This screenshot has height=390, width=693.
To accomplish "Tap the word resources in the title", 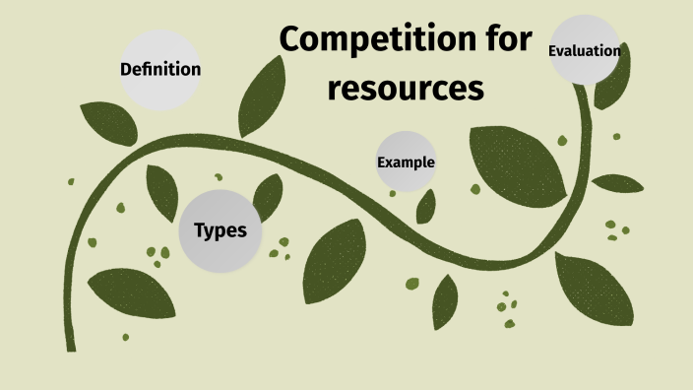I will click(407, 88).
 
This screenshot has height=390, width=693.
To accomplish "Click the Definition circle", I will click(160, 69).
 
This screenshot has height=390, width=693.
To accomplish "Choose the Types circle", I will click(220, 231).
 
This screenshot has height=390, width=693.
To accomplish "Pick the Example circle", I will click(406, 162).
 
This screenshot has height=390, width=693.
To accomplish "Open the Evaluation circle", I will click(585, 50).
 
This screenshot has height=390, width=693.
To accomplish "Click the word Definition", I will click(160, 69).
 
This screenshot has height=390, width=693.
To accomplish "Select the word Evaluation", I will click(585, 50).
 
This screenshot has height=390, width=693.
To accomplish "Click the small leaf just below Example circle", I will click(426, 206).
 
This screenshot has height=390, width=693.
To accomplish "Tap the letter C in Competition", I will click(291, 42).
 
